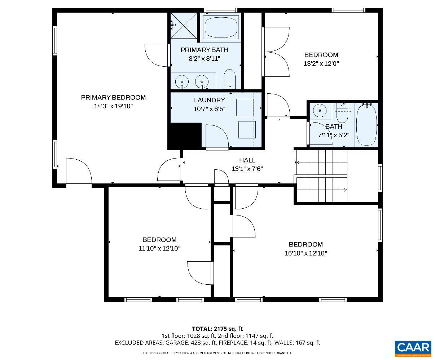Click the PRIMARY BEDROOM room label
[113, 97]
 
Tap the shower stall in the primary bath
[184, 25]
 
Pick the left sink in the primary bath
[182, 81]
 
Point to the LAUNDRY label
[209, 100]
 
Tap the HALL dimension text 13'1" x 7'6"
[247, 168]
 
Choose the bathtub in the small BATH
[366, 125]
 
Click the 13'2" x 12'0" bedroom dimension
[321, 63]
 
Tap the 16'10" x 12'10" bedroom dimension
[306, 253]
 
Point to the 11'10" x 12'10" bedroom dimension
[159, 248]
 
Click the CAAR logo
[413, 348]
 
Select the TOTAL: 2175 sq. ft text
[217, 329]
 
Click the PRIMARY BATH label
[204, 50]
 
